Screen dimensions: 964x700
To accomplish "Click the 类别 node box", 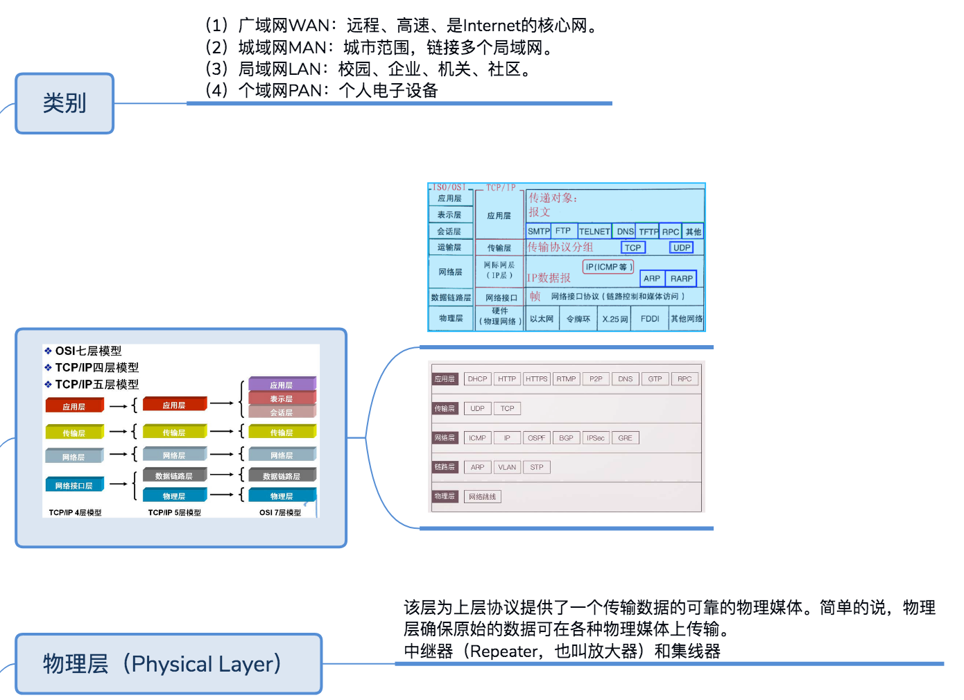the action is tap(64, 103).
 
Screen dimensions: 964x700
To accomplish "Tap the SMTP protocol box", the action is tap(538, 231).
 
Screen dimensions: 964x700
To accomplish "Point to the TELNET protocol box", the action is tap(594, 231).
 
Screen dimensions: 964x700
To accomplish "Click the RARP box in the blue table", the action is tap(681, 279).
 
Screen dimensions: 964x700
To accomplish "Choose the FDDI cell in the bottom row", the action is tap(650, 319).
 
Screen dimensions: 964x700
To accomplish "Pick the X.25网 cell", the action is tap(614, 319).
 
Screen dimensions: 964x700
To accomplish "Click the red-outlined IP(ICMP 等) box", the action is tap(608, 267).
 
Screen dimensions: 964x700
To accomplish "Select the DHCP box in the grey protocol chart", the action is tap(477, 379).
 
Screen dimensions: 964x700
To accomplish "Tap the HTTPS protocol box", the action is tap(536, 379).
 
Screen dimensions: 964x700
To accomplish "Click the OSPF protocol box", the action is tap(536, 438).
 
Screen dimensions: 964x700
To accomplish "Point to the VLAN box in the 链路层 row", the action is tap(507, 467).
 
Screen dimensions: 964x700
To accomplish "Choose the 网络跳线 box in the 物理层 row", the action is tap(482, 497).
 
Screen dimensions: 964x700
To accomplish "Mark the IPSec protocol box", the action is tap(595, 438).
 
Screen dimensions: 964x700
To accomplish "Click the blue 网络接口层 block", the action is tap(74, 485).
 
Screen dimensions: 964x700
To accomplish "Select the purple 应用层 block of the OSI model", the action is tap(282, 385).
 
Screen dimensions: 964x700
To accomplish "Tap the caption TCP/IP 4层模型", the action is tap(75, 513).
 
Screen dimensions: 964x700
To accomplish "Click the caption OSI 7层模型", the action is tap(280, 513).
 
